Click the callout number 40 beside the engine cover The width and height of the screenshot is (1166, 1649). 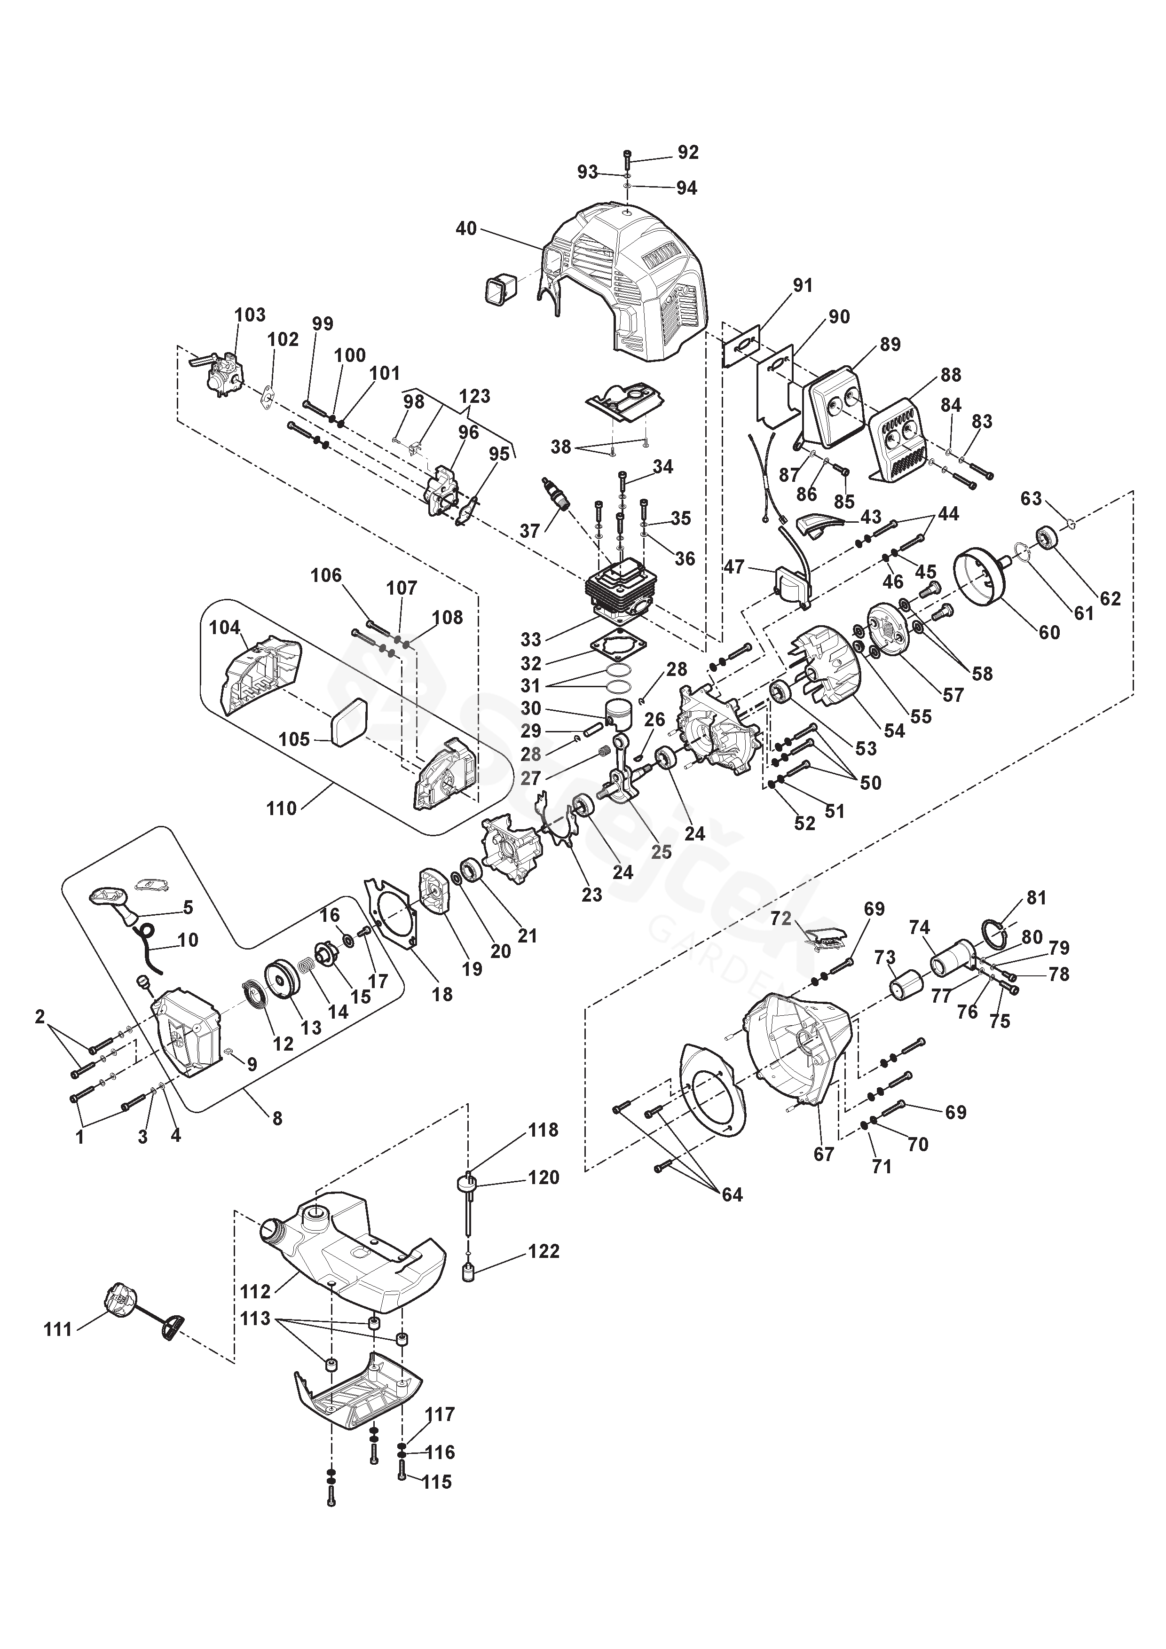466,228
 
